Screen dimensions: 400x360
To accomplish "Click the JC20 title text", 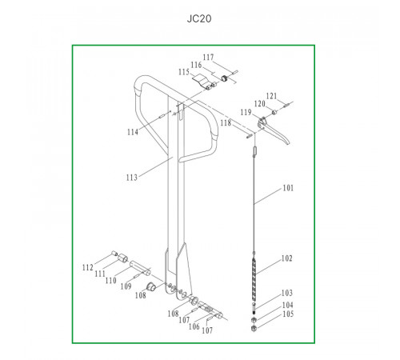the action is [199, 18].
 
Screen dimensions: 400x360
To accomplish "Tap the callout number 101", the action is [288, 188].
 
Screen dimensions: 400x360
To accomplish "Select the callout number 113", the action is [132, 178].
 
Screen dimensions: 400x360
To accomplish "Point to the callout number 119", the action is [246, 112].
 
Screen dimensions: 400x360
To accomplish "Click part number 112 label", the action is [88, 267].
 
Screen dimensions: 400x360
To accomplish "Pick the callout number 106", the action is [194, 326].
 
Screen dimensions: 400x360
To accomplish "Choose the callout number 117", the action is [208, 58].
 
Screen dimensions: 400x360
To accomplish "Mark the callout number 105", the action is [288, 314].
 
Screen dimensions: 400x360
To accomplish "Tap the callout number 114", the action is [133, 132].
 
